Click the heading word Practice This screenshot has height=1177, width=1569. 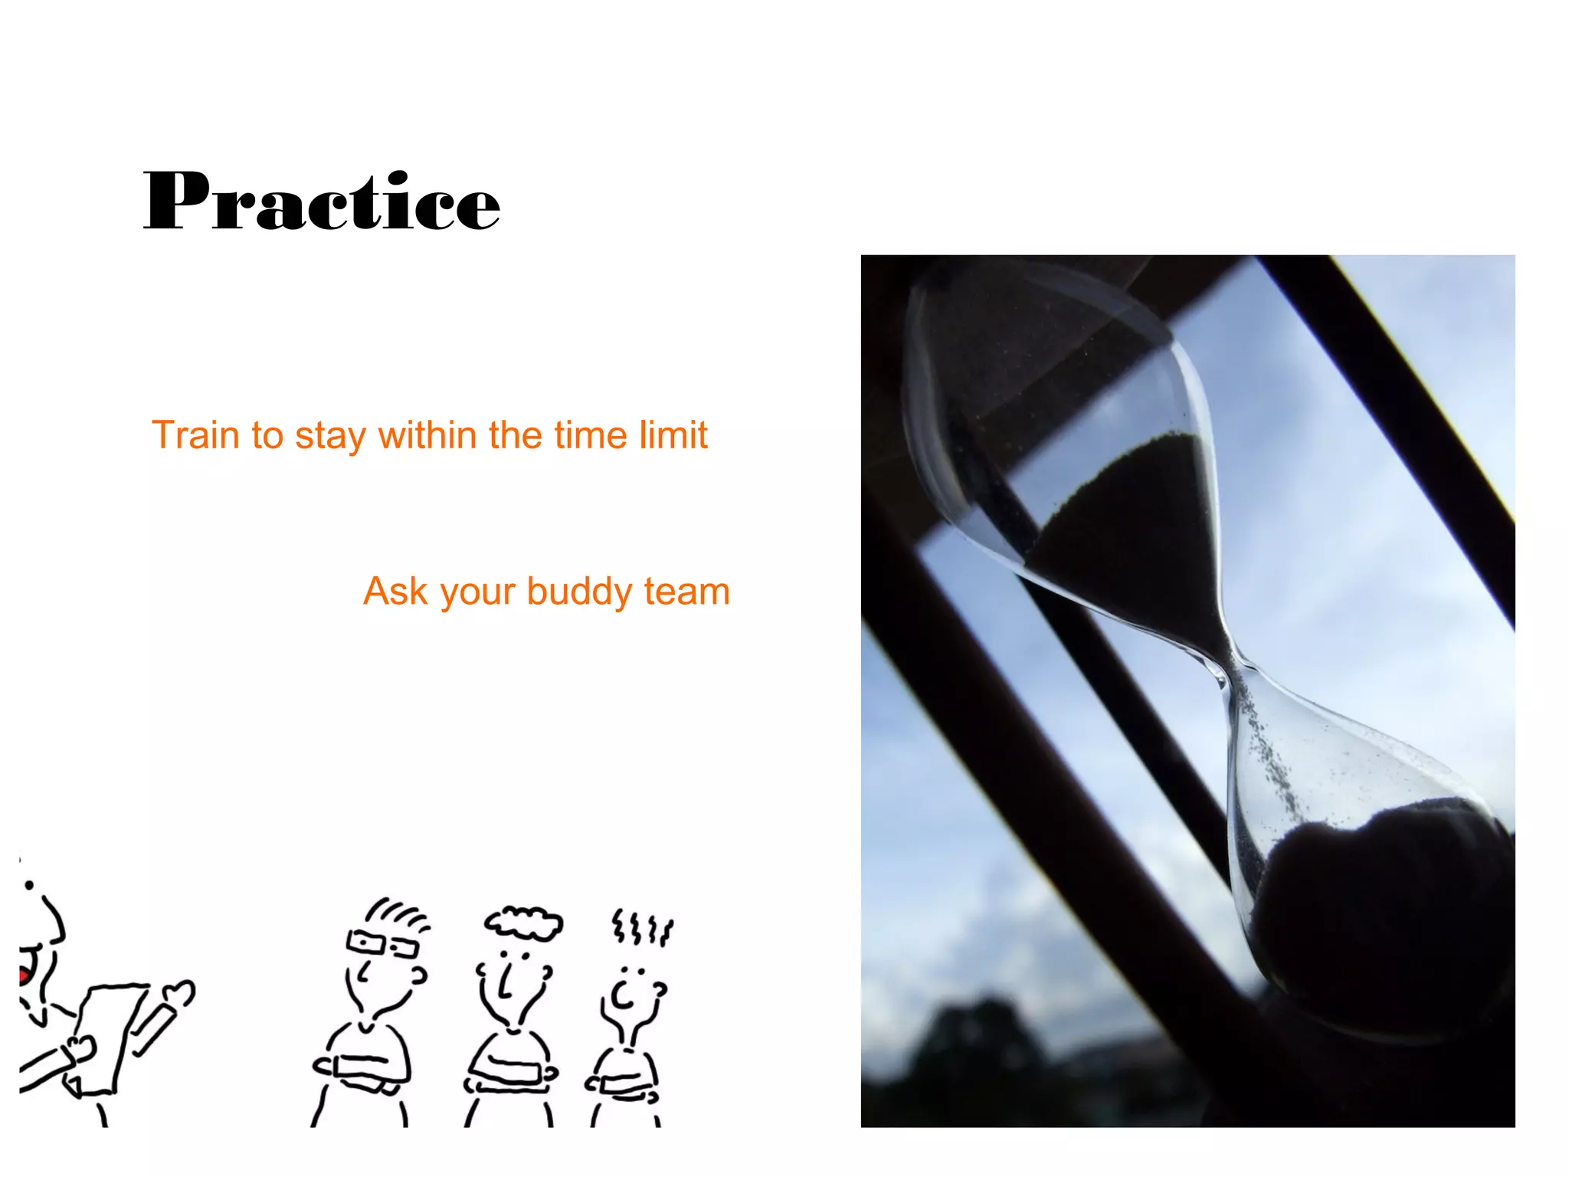coord(322,201)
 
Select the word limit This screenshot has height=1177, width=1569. coord(675,435)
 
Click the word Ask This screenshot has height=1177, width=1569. coord(395,592)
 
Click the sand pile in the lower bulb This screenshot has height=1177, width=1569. coord(1371,904)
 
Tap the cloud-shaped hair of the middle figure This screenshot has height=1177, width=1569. coord(523,922)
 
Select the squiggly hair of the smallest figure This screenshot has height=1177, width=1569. coord(642,928)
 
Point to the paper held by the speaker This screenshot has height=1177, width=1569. coord(107,1034)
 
